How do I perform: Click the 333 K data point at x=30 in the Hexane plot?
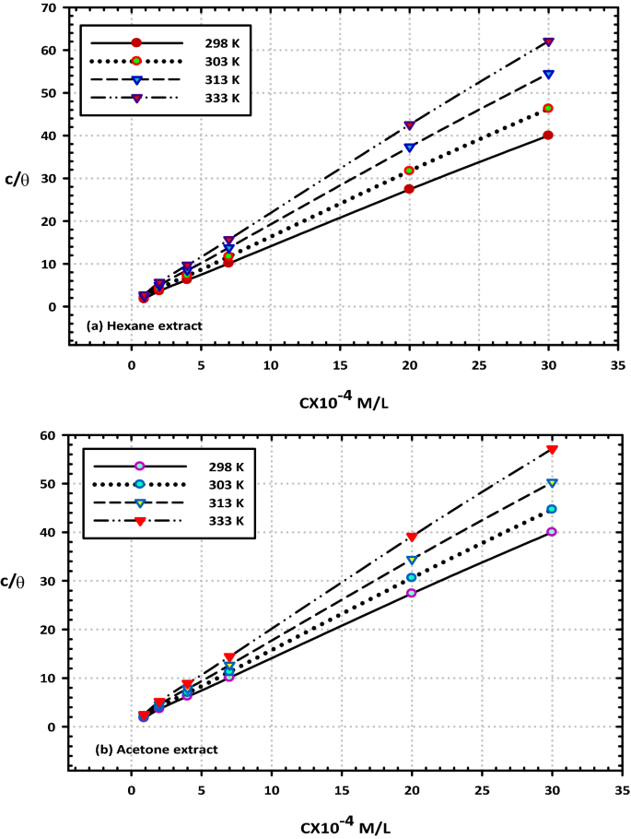(x=549, y=42)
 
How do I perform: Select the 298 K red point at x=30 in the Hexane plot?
(x=548, y=136)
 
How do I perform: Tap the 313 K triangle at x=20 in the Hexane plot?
(x=410, y=148)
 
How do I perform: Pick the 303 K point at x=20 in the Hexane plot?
(x=410, y=171)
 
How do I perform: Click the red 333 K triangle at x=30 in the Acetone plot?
(x=553, y=449)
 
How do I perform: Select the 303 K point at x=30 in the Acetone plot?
(x=552, y=509)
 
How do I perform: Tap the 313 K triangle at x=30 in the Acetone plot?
(x=553, y=483)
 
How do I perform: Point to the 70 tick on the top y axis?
(x=50, y=8)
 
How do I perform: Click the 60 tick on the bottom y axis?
(x=50, y=435)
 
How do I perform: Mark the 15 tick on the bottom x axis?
(x=341, y=790)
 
